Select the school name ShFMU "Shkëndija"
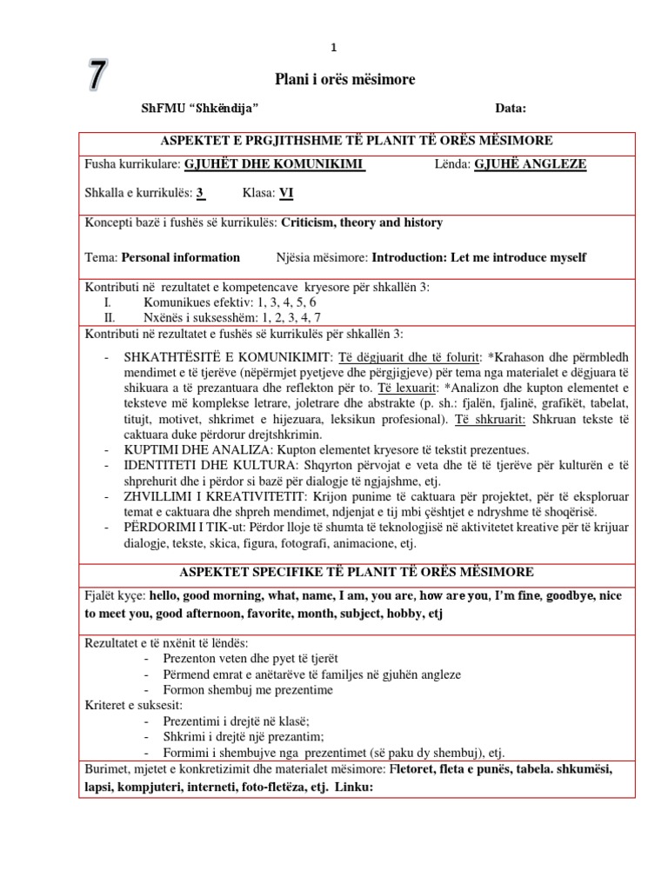click(200, 109)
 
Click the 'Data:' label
click(511, 109)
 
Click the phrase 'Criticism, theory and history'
click(362, 222)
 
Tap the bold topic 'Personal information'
click(181, 257)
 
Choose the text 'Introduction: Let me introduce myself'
click(479, 257)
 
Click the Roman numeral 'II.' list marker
click(109, 318)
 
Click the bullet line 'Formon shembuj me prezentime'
click(248, 689)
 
